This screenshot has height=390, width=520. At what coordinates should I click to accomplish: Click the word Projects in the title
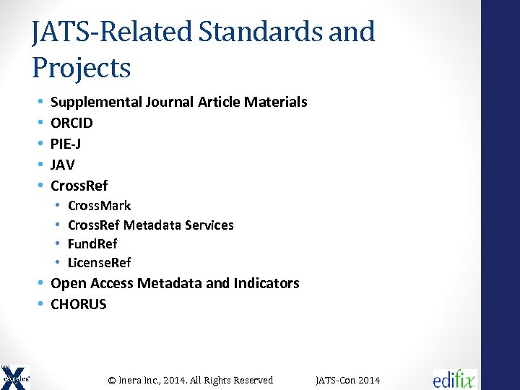click(81, 69)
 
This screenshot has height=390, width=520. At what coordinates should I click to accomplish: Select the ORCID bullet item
click(71, 123)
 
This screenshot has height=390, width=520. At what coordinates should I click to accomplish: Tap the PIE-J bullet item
click(66, 144)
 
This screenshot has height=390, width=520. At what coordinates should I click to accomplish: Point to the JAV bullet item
click(63, 165)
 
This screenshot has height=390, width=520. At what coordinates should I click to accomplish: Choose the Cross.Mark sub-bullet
click(99, 206)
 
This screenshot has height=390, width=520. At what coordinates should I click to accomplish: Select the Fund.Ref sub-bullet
click(92, 243)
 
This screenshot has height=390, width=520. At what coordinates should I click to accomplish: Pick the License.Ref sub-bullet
click(100, 262)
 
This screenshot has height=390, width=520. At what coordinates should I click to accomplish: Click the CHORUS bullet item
click(78, 304)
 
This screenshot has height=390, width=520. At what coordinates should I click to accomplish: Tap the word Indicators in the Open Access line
click(266, 283)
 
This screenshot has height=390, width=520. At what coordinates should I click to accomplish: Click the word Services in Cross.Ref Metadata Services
click(209, 225)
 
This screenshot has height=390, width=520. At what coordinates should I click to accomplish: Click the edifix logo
click(455, 378)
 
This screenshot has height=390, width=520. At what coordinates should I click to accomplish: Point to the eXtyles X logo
click(15, 376)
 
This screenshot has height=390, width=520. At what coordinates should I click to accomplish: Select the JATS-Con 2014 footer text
click(348, 381)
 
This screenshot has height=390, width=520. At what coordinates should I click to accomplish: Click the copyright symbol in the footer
click(112, 381)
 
